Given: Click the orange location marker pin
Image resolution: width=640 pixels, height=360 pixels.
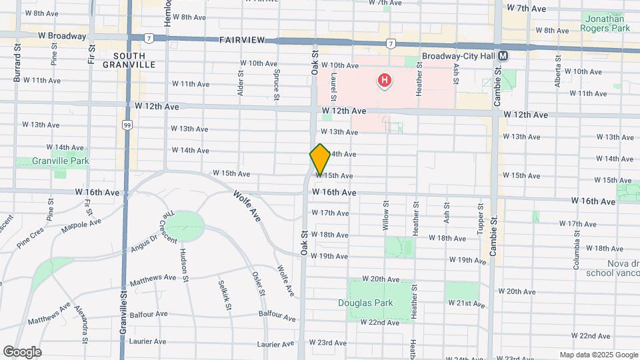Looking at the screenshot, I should tap(320, 159).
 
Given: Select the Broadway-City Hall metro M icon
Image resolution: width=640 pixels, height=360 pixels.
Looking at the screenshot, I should tap(503, 57).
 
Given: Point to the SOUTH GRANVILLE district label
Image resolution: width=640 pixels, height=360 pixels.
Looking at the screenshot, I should tap(129, 60).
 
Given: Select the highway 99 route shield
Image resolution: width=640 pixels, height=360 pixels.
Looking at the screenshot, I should tap(126, 124).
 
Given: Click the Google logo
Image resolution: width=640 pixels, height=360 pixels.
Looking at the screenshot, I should tap(23, 351).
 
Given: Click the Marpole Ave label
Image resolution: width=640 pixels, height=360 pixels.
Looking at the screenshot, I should tap(81, 227).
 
